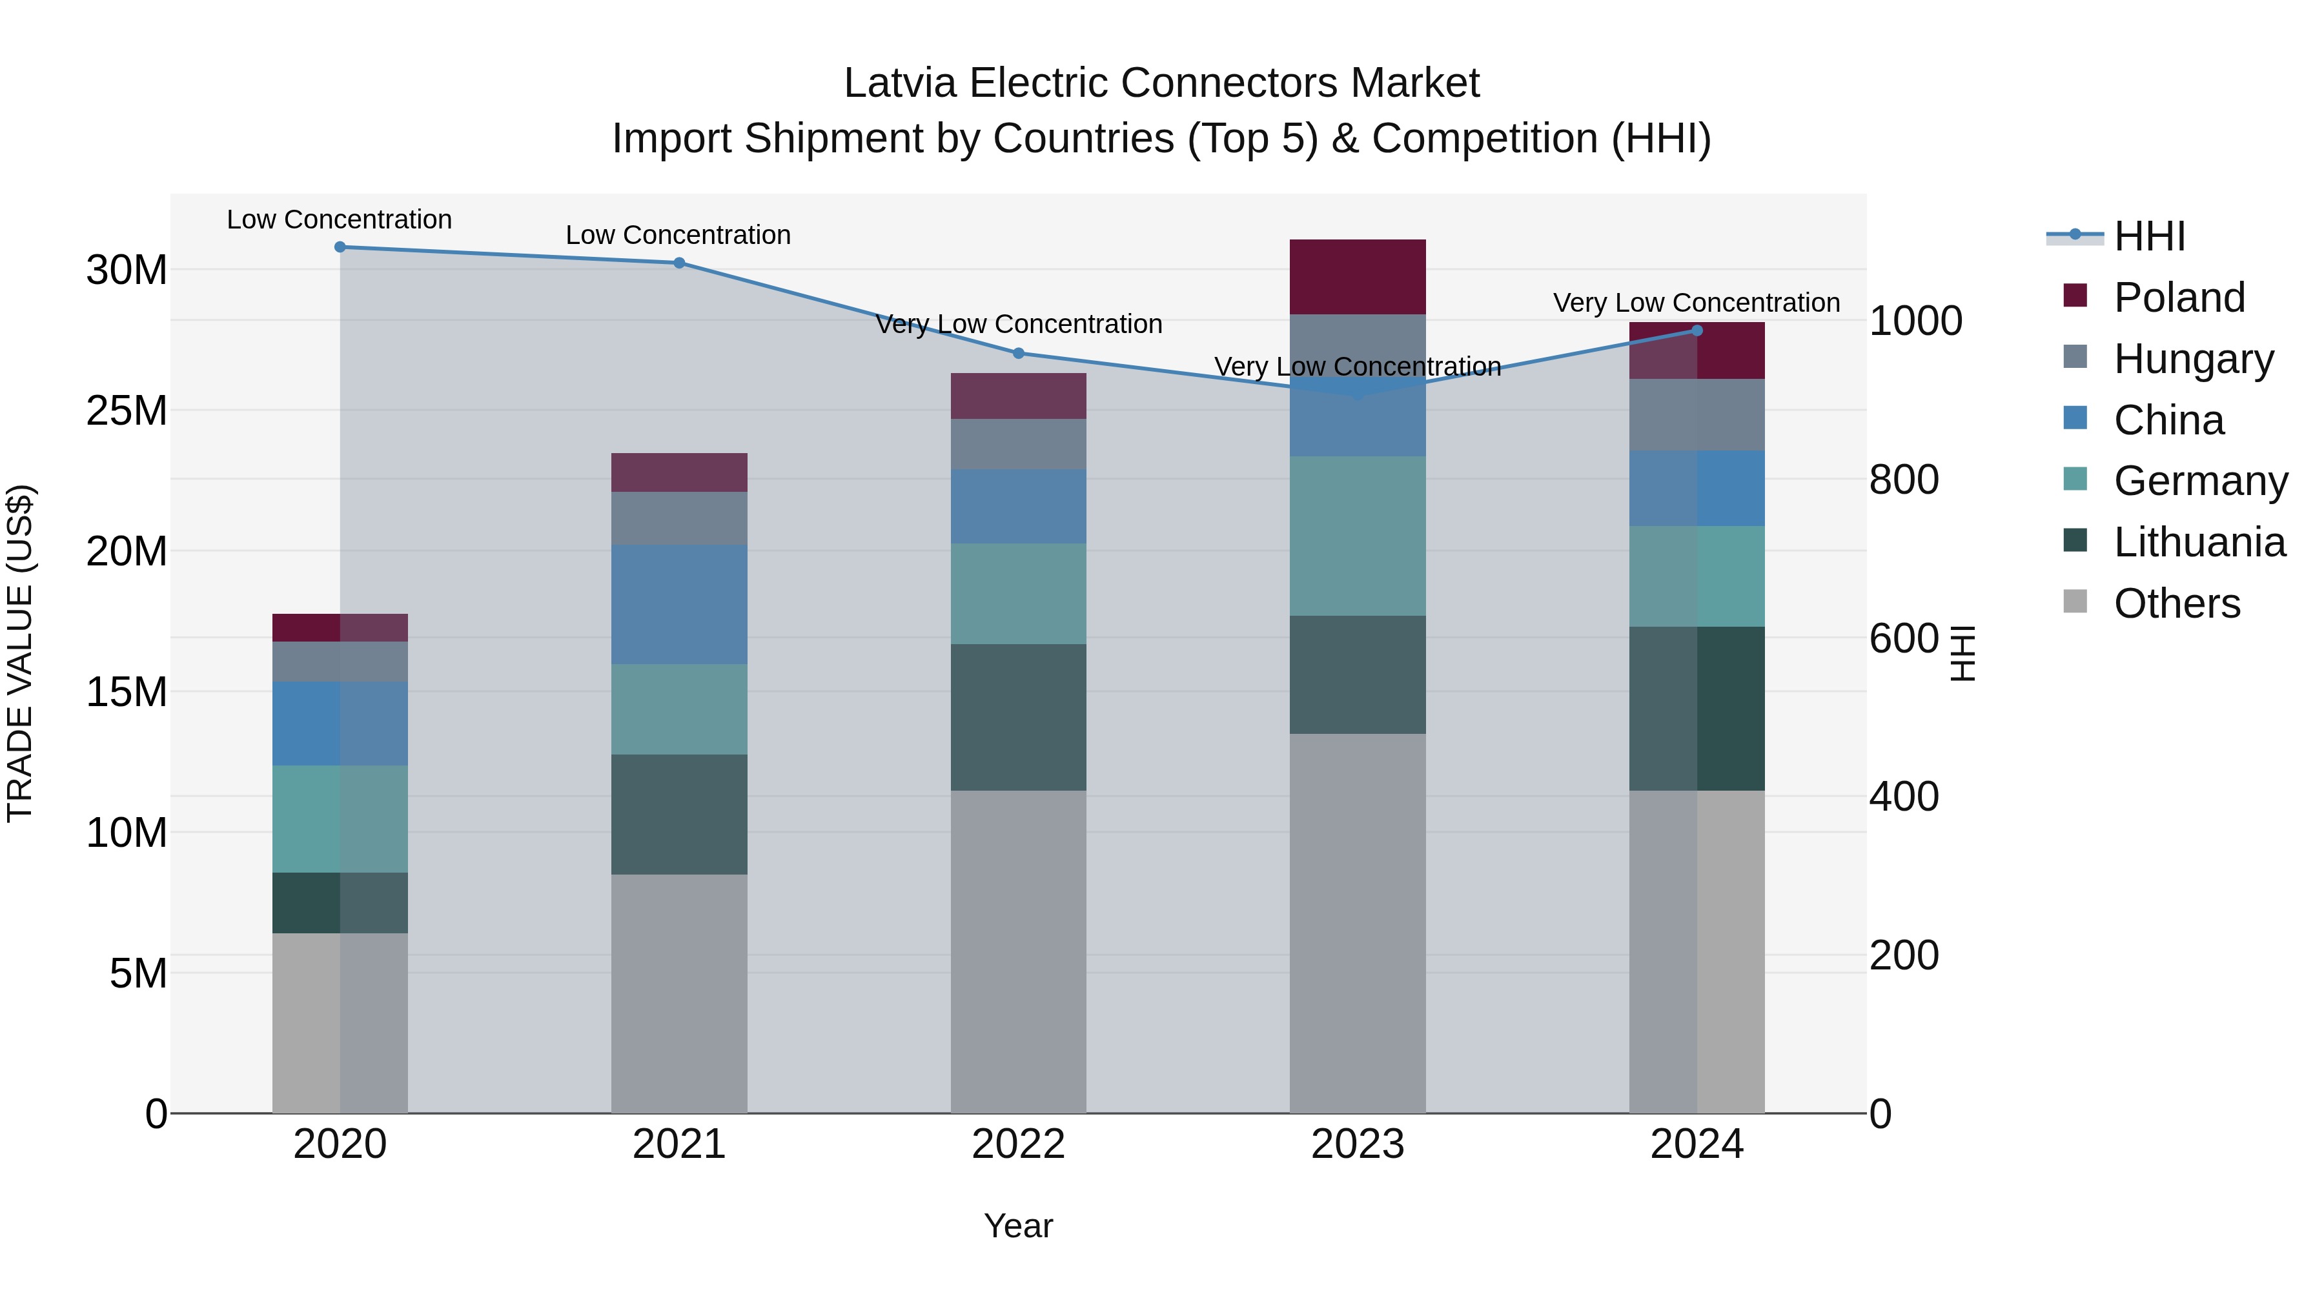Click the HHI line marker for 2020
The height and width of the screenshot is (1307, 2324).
pyautogui.click(x=340, y=247)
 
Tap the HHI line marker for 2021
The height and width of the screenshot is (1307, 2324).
pyautogui.click(x=679, y=263)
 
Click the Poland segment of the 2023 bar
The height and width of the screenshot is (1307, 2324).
pyautogui.click(x=1358, y=277)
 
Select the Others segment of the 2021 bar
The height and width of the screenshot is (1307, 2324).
pyautogui.click(x=679, y=992)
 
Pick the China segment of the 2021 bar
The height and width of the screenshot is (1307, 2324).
pyautogui.click(x=679, y=604)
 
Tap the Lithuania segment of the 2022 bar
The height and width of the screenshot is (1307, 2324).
pyautogui.click(x=1019, y=717)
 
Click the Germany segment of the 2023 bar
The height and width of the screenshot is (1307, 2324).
pyautogui.click(x=1358, y=536)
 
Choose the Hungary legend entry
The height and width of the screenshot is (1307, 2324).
pyautogui.click(x=2193, y=359)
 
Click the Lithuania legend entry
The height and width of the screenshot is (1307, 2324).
pyautogui.click(x=2199, y=542)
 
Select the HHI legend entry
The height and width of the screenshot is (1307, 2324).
pyautogui.click(x=2149, y=236)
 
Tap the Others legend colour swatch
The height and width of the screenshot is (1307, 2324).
pyautogui.click(x=2075, y=602)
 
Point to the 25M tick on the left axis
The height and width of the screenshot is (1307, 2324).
pyautogui.click(x=127, y=411)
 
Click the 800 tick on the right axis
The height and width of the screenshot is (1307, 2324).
pyautogui.click(x=1904, y=480)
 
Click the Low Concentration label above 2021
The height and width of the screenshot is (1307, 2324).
pyautogui.click(x=678, y=236)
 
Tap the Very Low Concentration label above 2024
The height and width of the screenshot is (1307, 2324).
pyautogui.click(x=1696, y=303)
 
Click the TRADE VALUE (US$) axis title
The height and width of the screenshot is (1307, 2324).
pyautogui.click(x=20, y=653)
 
